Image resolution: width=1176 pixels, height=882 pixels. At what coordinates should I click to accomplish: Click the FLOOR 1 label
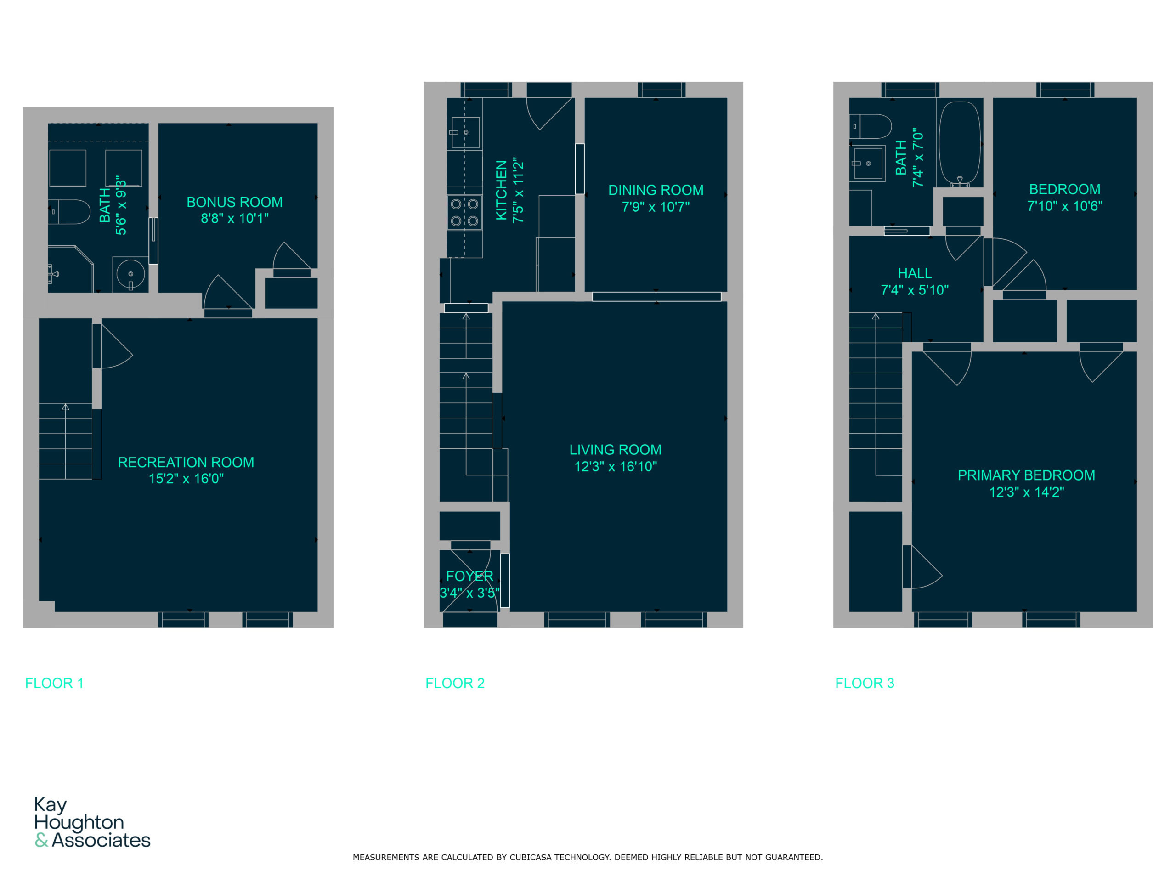click(54, 683)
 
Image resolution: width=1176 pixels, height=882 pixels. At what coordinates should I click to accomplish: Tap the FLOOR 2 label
click(455, 683)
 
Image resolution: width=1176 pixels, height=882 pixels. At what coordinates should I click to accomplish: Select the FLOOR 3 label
click(865, 683)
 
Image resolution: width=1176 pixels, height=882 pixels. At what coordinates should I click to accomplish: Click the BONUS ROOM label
click(234, 202)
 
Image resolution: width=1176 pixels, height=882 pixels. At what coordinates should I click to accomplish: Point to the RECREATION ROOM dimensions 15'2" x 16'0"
click(186, 479)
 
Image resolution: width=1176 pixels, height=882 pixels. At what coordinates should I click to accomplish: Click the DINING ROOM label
click(656, 190)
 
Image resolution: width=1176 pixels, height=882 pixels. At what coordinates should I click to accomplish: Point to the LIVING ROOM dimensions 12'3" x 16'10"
click(616, 466)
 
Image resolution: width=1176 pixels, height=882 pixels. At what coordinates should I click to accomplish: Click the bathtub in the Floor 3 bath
click(960, 143)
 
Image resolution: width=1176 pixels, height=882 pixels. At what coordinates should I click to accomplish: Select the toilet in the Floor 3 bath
click(871, 126)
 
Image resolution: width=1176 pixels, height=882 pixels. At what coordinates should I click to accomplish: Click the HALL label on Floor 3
click(915, 273)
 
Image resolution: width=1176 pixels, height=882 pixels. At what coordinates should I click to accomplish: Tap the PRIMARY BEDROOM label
click(1027, 475)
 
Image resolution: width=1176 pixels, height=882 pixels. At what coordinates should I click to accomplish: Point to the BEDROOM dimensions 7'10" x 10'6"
click(1065, 206)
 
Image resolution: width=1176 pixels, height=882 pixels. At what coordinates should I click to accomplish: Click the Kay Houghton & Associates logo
click(92, 822)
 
